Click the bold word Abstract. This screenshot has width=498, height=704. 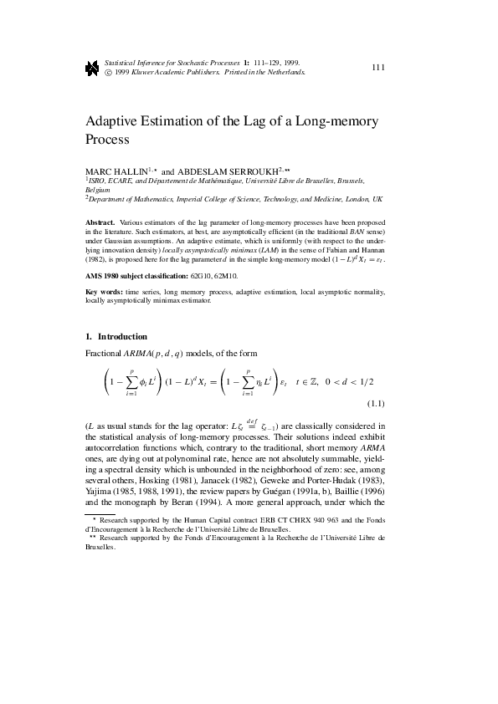click(x=100, y=222)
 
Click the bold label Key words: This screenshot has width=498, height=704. click(x=103, y=292)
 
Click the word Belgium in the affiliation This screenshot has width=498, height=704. click(x=98, y=190)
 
